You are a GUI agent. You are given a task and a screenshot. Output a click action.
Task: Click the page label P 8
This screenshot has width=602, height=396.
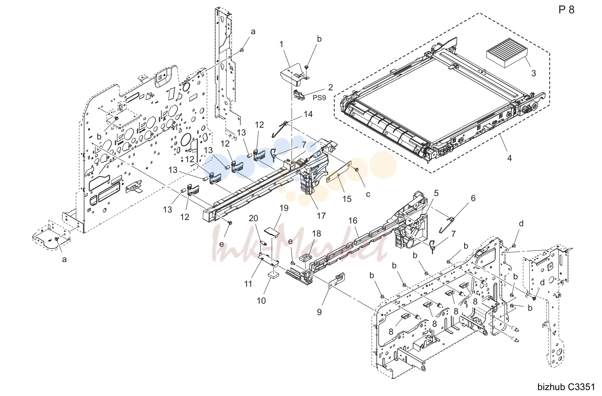pyautogui.click(x=567, y=10)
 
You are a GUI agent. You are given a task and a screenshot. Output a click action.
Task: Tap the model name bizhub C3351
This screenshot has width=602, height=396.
pyautogui.click(x=566, y=387)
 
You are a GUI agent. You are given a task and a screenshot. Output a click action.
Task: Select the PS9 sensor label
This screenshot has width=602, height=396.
pyautogui.click(x=319, y=98)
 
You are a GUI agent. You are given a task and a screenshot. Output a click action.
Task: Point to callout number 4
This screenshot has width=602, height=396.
pyautogui.click(x=509, y=158)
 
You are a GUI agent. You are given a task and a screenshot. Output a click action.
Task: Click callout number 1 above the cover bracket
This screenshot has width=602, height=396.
pyautogui.click(x=282, y=44)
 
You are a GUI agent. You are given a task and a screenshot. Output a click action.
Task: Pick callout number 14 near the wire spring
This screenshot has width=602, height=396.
pyautogui.click(x=308, y=114)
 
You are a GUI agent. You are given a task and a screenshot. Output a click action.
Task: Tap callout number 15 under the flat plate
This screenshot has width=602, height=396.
pyautogui.click(x=347, y=199)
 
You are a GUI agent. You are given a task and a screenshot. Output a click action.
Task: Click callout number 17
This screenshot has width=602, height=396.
pyautogui.click(x=321, y=216)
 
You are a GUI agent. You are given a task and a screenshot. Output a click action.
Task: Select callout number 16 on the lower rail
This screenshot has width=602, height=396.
pyautogui.click(x=353, y=220)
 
